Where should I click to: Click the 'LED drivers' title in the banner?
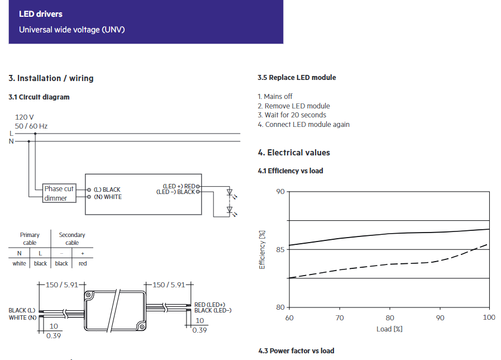[41, 14]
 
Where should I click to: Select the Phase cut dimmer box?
[59, 193]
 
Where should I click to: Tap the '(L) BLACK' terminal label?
[107, 190]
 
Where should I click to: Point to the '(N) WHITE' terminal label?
[107, 197]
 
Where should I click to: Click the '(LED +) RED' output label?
[178, 186]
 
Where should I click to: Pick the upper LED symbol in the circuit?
[230, 193]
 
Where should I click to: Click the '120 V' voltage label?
[25, 117]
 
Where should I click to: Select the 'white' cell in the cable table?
[19, 263]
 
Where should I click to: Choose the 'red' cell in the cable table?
[83, 263]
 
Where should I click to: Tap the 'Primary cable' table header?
[30, 239]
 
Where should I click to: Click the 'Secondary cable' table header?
[72, 239]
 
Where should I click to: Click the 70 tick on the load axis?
[340, 318]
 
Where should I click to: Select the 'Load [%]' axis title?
[389, 329]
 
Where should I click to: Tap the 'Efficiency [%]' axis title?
[262, 249]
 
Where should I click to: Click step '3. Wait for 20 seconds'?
[292, 115]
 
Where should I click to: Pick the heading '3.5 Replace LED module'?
[297, 78]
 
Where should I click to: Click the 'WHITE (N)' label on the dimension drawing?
[22, 318]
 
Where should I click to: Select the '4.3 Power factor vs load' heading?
[296, 350]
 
